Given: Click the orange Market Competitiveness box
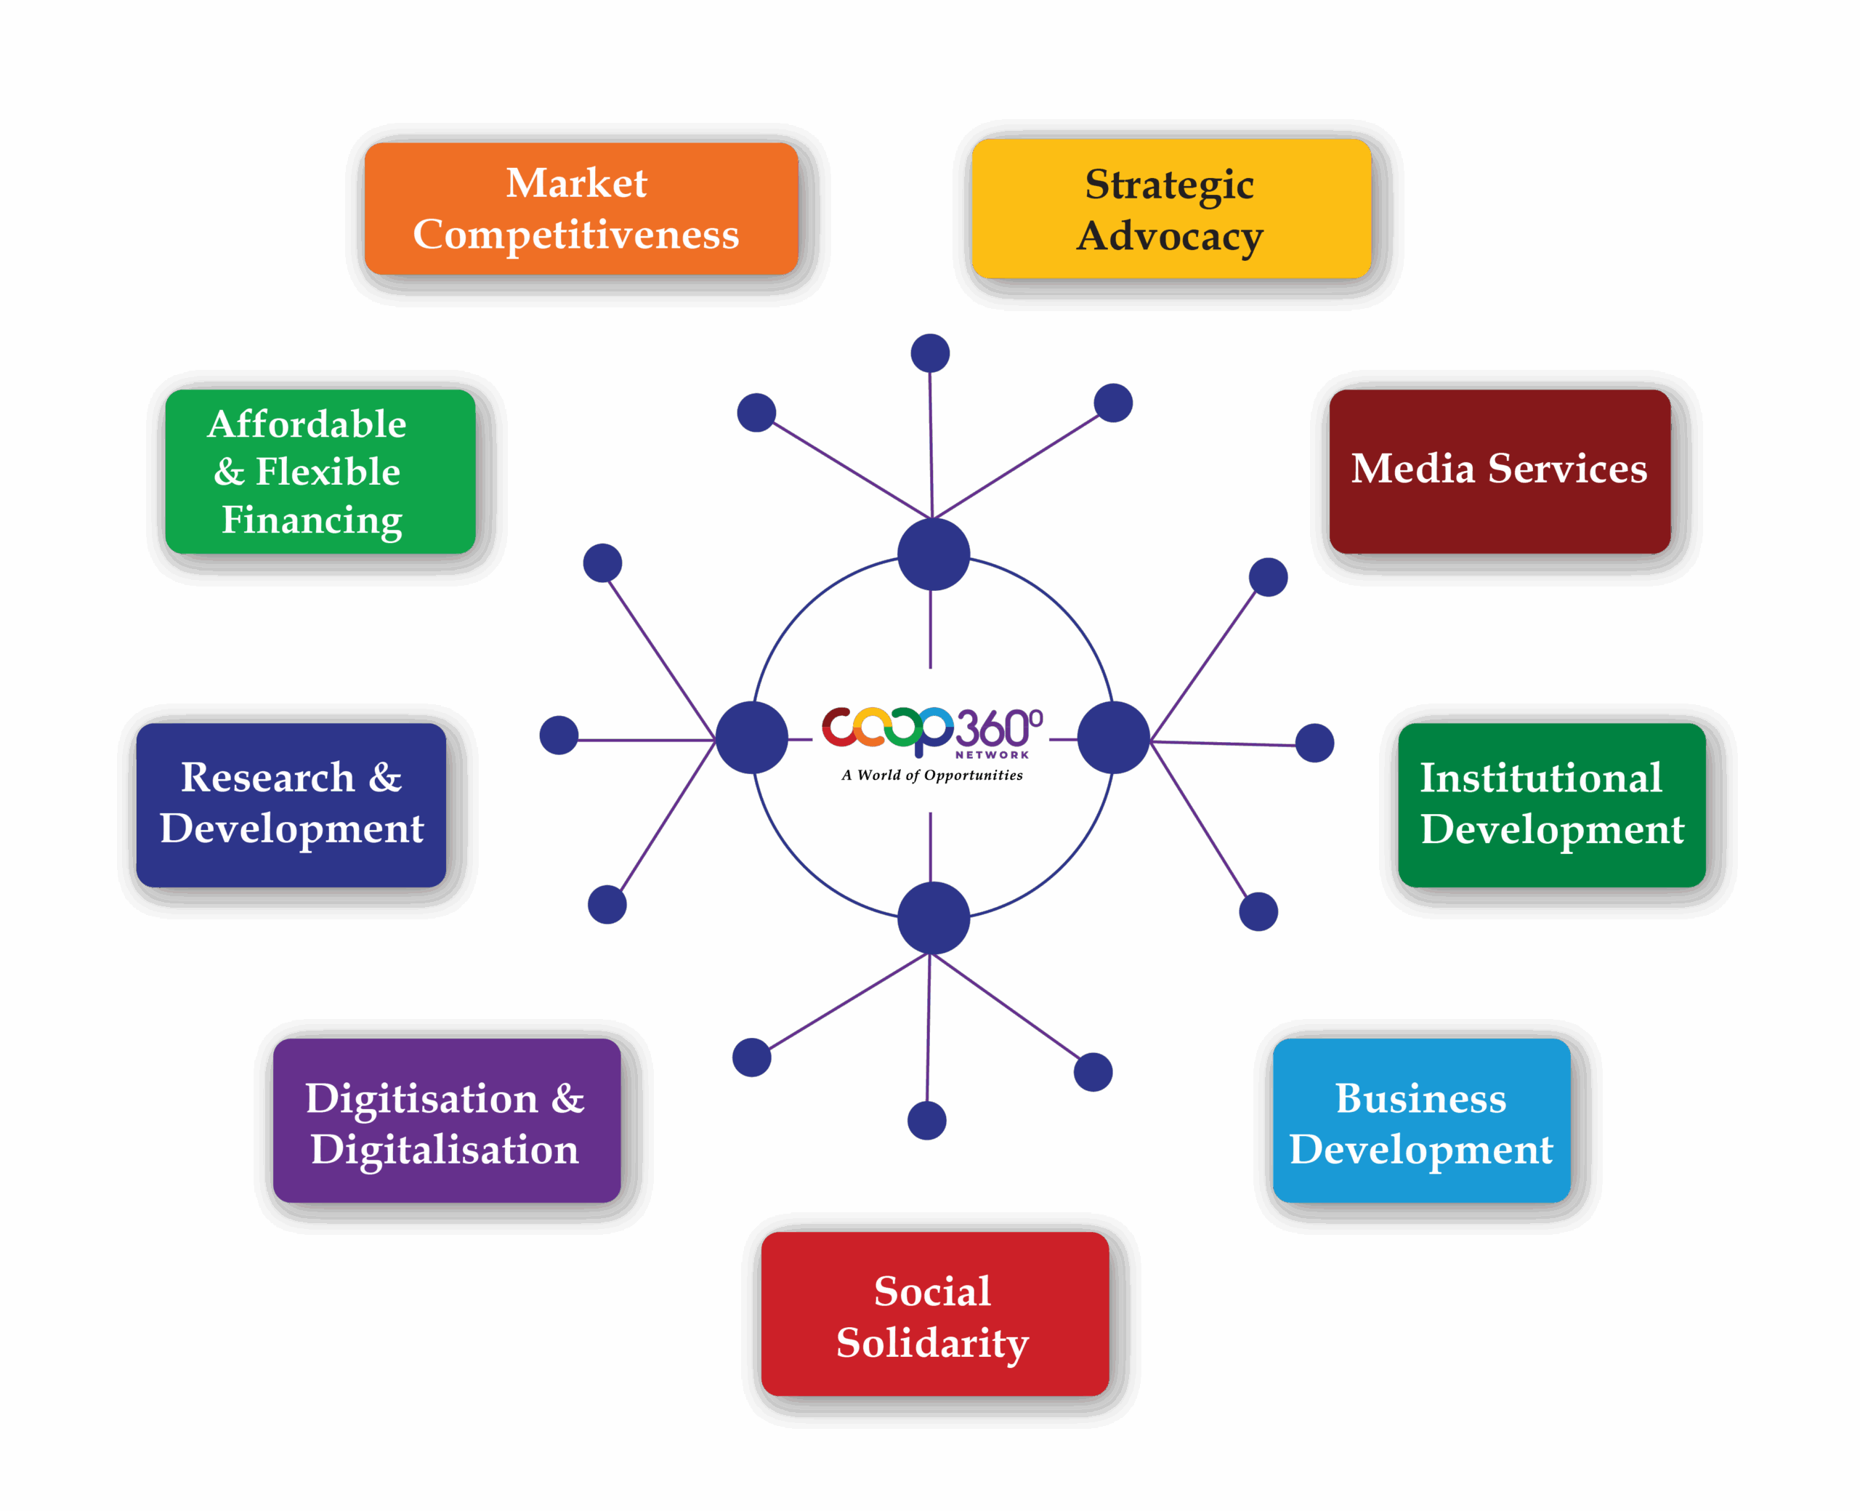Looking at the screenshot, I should (x=581, y=209).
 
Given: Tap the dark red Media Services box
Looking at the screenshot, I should (x=1499, y=470).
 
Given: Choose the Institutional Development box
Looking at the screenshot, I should (x=1551, y=805).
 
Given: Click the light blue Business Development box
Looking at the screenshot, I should (x=1420, y=1121).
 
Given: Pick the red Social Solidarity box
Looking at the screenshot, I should (x=934, y=1314).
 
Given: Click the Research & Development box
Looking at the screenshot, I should (x=291, y=805).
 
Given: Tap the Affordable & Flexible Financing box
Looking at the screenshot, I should (x=319, y=471).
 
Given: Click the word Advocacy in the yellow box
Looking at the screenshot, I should (x=1170, y=237).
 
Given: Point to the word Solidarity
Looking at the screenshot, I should (x=933, y=1343).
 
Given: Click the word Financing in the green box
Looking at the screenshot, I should (x=312, y=520).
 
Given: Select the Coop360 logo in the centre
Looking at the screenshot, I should (x=931, y=728).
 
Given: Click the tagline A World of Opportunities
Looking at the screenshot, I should (x=931, y=775).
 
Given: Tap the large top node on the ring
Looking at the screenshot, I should (x=934, y=555).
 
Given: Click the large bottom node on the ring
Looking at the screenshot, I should (x=934, y=917).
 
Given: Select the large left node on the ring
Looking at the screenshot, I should (x=752, y=737).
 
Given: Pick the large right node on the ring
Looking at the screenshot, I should (x=1114, y=737).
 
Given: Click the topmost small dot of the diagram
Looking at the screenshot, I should (x=930, y=353).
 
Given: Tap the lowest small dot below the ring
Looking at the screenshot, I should (x=926, y=1120).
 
